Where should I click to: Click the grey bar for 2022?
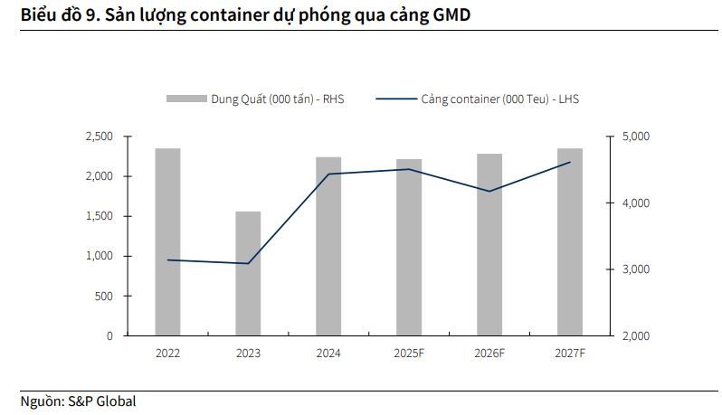167,241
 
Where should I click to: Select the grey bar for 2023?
248,273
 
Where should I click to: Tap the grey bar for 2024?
328,246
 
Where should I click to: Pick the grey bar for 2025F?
409,247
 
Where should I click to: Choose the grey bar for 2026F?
489,244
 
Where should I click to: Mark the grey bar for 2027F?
570,241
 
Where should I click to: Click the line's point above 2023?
248,263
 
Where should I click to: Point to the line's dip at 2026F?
489,191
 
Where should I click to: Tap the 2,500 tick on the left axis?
99,137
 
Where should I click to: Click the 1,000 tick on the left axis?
99,256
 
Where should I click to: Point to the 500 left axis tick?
103,296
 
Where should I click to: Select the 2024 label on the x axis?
328,354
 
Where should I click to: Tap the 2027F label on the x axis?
570,354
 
